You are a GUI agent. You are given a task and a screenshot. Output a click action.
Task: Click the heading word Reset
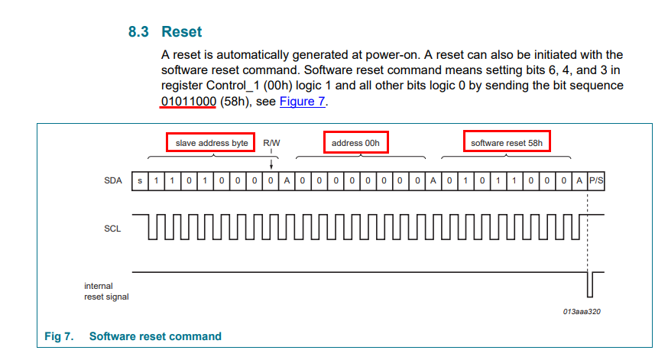[182, 32]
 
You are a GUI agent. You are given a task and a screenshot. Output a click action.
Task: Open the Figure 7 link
[302, 101]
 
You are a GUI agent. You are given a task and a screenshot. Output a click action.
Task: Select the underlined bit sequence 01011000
[188, 101]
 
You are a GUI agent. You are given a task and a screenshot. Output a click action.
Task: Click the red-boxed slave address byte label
[211, 143]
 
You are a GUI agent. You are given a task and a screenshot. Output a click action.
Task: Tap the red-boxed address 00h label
[356, 143]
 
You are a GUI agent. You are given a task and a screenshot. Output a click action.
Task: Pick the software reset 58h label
[507, 143]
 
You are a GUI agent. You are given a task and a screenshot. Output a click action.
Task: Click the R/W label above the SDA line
[271, 143]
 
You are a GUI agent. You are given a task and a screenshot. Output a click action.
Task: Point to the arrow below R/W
[271, 162]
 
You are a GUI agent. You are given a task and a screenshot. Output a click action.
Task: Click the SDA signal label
[112, 180]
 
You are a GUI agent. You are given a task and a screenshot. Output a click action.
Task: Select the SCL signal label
[112, 228]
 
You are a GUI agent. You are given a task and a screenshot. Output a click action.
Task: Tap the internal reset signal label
[106, 291]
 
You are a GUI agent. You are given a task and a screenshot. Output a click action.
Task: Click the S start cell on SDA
[139, 180]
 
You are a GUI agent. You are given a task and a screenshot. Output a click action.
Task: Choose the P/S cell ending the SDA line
[595, 180]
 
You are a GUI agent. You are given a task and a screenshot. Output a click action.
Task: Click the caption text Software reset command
[155, 336]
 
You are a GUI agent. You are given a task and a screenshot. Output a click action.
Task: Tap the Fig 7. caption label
[58, 336]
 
